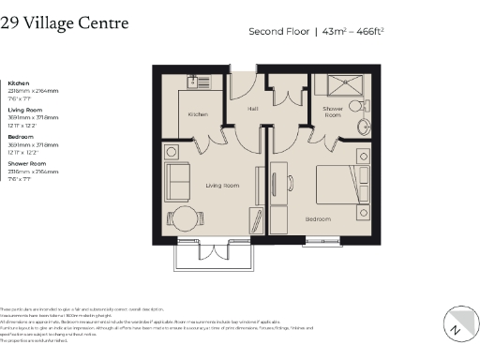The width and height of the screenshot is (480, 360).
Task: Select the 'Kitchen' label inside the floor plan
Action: point(197,114)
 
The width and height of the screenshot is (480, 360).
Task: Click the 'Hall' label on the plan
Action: point(252,109)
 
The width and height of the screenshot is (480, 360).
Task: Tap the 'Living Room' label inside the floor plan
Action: point(222,186)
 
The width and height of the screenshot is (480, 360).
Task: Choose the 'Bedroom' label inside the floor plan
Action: point(317,218)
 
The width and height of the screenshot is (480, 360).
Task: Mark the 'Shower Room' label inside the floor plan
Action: point(333,111)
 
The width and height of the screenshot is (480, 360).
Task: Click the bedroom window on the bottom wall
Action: point(331,243)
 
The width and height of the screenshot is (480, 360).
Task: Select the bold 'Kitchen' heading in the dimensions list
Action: point(19,82)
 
